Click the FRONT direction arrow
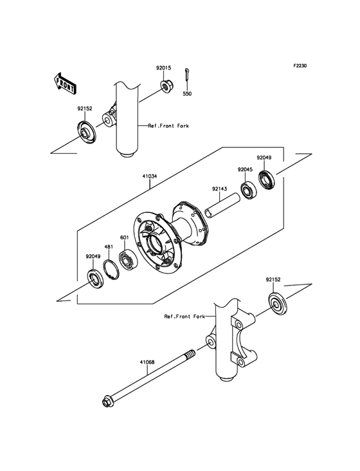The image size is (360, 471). pos(65,83)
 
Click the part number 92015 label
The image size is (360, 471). pos(163,68)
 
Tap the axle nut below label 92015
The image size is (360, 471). pos(165,86)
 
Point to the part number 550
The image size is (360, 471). pos(187,94)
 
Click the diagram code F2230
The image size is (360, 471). pos(300,66)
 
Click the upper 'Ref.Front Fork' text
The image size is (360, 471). pos(168,126)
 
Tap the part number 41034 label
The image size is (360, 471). pos(149,176)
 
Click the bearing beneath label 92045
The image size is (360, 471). pos(249,190)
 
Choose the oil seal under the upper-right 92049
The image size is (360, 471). pos(267,180)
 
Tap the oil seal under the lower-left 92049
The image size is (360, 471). pos(96,279)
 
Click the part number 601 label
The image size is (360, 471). pos(124,237)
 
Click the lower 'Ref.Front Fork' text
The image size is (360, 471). pos(184,317)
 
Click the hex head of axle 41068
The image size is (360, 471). pos(108,402)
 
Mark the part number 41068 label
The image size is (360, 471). pos(147,362)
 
